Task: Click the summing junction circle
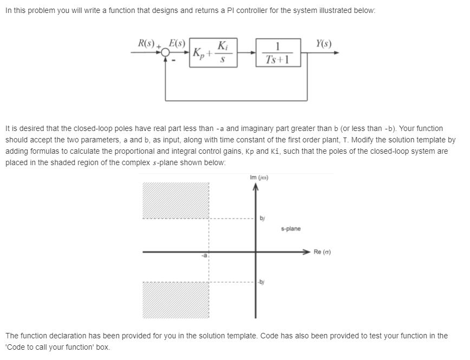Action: click(165, 54)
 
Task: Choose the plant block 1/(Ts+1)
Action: click(277, 53)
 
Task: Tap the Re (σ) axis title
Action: click(323, 252)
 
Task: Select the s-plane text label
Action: click(291, 229)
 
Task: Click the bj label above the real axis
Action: click(263, 218)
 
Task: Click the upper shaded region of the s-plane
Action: click(175, 200)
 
